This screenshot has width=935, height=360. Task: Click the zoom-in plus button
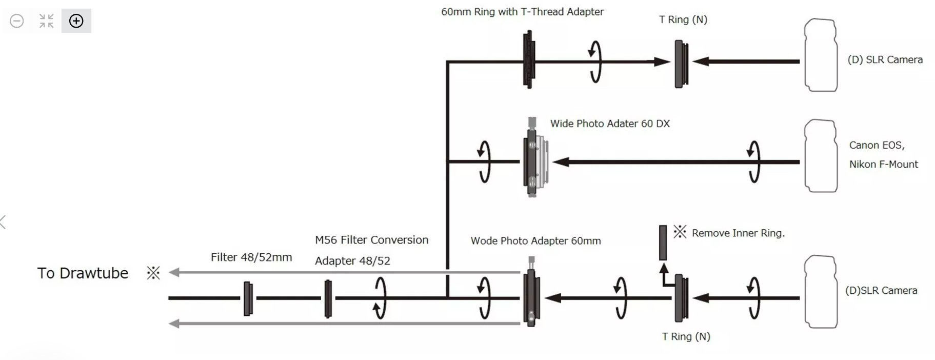click(x=76, y=21)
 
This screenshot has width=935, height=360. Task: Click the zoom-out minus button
click(x=17, y=21)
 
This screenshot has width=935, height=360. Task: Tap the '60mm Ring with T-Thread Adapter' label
click(x=522, y=12)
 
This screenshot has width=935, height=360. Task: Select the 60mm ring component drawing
click(x=528, y=59)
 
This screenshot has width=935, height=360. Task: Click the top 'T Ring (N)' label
click(x=683, y=19)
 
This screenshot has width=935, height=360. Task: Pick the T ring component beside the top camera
click(x=681, y=65)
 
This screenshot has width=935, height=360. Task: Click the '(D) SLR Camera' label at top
click(x=885, y=59)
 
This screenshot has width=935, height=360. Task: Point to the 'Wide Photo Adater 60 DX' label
click(x=610, y=124)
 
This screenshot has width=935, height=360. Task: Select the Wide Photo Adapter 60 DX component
click(x=533, y=159)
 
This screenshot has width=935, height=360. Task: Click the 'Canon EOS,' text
click(x=877, y=145)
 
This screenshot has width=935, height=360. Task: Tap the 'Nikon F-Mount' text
click(x=883, y=164)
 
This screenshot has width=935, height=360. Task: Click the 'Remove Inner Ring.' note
click(x=738, y=233)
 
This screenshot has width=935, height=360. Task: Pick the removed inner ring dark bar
click(x=663, y=242)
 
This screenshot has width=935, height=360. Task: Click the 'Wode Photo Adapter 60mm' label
click(x=535, y=241)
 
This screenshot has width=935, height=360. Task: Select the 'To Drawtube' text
click(x=83, y=273)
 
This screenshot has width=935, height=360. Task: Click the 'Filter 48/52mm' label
click(x=251, y=257)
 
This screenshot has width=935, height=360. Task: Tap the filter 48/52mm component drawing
click(x=248, y=298)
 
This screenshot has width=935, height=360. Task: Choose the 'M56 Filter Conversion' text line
click(x=371, y=240)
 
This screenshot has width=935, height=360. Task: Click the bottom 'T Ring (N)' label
click(x=686, y=336)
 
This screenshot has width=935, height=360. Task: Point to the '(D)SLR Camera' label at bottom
click(x=881, y=290)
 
